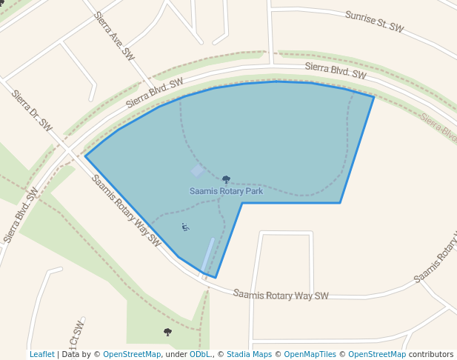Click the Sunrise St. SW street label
click(x=375, y=21)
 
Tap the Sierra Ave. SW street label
click(x=115, y=36)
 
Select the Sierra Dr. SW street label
click(x=32, y=110)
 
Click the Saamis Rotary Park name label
click(x=226, y=191)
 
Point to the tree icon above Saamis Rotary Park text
click(x=226, y=179)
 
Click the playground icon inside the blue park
click(x=185, y=227)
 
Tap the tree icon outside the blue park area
click(x=167, y=333)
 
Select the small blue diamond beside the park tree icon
click(x=198, y=172)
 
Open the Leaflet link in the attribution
click(x=41, y=355)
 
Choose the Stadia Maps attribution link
click(x=249, y=355)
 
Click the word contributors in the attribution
click(x=431, y=355)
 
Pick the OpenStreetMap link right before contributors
click(x=377, y=355)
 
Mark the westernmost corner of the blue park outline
click(x=86, y=156)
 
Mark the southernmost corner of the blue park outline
click(x=216, y=278)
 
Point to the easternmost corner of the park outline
click(x=373, y=97)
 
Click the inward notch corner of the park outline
click(x=242, y=203)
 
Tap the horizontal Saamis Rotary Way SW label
click(x=281, y=295)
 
